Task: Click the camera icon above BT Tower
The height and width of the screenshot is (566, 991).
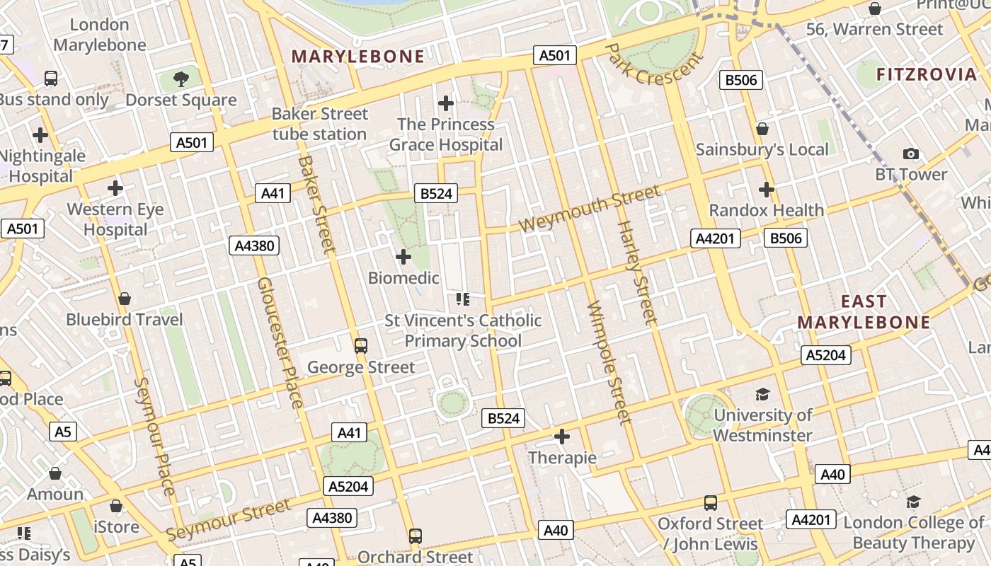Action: click(x=911, y=154)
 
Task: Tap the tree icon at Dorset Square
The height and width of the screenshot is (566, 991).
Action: click(x=181, y=79)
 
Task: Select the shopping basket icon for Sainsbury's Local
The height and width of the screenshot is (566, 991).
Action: click(x=762, y=129)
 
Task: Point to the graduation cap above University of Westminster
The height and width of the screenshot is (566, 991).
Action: click(x=762, y=394)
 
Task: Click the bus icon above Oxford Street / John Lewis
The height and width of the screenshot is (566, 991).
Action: click(x=710, y=503)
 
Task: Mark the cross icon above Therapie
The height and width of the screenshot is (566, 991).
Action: click(x=562, y=437)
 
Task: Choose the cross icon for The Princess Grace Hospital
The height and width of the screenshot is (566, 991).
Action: click(x=445, y=103)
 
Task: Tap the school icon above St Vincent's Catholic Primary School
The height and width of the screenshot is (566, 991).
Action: click(x=463, y=299)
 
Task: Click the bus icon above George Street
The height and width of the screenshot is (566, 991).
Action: click(x=361, y=346)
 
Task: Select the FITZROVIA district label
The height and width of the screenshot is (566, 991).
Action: click(x=926, y=74)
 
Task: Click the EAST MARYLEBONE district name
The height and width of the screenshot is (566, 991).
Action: click(x=864, y=312)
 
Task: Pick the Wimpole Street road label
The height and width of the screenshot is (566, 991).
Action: click(x=609, y=363)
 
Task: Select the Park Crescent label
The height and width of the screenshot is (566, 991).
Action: click(x=654, y=64)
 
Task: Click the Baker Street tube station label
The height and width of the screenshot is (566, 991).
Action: click(x=320, y=124)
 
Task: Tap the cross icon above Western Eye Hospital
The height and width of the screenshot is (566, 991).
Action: click(x=115, y=188)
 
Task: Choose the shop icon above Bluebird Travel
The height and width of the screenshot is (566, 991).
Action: click(x=125, y=299)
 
